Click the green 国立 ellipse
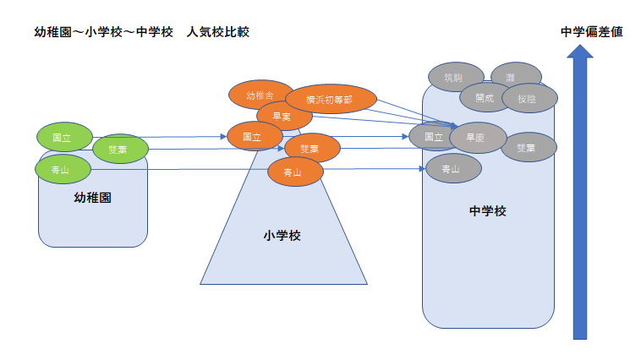[62, 137]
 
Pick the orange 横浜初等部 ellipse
[330, 99]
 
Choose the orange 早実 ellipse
[284, 116]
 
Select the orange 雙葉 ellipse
[311, 149]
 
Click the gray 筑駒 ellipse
[455, 77]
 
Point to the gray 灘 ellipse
[510, 76]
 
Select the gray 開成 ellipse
[485, 97]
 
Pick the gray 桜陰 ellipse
[526, 98]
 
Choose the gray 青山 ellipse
[452, 168]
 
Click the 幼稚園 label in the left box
[93, 199]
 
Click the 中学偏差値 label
[592, 32]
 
